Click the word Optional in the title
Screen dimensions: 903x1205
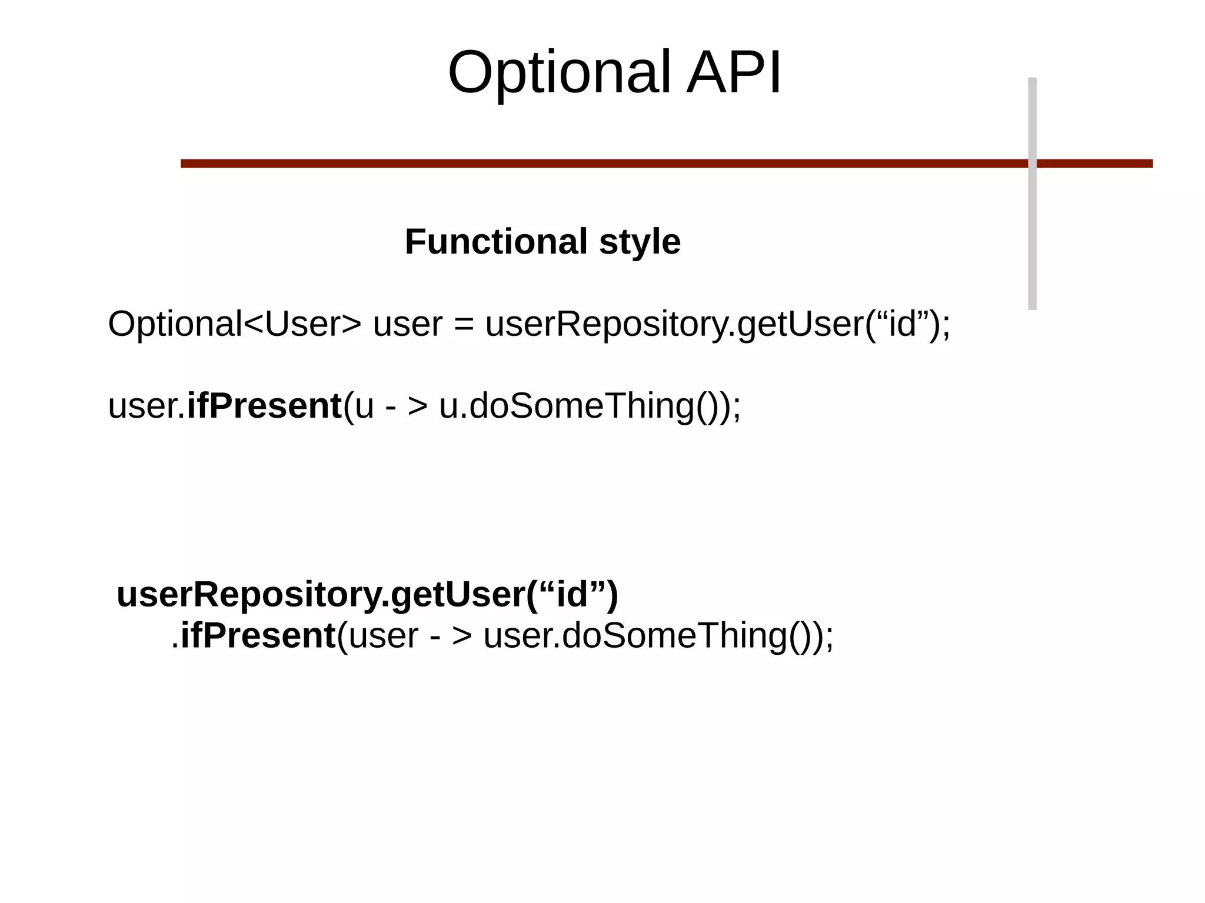pos(559,73)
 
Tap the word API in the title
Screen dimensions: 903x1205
pos(734,73)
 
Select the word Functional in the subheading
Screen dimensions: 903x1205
pos(495,242)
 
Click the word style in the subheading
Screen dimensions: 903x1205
pos(640,242)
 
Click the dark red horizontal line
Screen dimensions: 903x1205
pos(588,164)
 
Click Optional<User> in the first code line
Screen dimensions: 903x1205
pos(234,324)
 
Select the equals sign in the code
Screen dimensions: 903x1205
pos(464,325)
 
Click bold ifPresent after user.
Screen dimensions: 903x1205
pos(264,406)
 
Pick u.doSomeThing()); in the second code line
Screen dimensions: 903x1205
pos(590,406)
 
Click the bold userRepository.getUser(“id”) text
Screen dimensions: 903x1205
pos(367,594)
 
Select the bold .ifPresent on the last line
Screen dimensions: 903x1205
pos(254,636)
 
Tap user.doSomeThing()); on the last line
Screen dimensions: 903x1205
pos(658,636)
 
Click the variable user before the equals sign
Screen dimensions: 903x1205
pos(407,325)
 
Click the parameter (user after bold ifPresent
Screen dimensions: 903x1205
pos(378,636)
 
